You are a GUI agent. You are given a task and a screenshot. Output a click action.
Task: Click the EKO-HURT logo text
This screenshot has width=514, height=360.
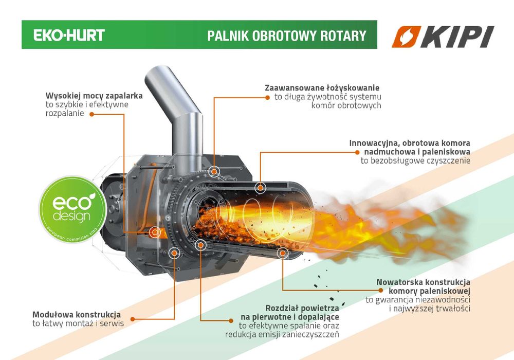click(69, 35)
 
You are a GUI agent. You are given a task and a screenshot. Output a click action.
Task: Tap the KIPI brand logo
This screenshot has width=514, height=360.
click(443, 37)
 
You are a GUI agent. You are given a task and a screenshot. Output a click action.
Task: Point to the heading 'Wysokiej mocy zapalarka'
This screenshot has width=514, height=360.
click(94, 96)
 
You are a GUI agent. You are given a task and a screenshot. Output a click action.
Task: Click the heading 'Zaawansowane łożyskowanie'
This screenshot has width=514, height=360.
click(322, 88)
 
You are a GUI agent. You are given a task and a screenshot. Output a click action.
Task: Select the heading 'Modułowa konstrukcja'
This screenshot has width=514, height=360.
click(77, 314)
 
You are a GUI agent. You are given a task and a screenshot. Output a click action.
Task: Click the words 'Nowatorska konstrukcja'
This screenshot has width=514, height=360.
click(423, 282)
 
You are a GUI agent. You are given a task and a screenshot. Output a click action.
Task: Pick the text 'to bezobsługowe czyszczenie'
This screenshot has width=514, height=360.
click(415, 161)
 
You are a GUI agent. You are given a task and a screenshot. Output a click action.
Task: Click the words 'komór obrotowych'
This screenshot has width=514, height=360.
click(346, 105)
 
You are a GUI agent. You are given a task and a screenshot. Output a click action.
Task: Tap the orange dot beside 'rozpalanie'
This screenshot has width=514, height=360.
click(91, 114)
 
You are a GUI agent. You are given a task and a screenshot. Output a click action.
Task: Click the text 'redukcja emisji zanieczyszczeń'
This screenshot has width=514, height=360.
click(282, 334)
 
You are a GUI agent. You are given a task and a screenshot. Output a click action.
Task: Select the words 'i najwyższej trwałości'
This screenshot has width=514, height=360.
click(430, 309)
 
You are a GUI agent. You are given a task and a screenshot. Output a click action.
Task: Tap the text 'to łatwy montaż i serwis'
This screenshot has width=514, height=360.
click(78, 323)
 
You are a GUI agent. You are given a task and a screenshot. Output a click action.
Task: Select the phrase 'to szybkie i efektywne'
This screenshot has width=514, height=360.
click(87, 104)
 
